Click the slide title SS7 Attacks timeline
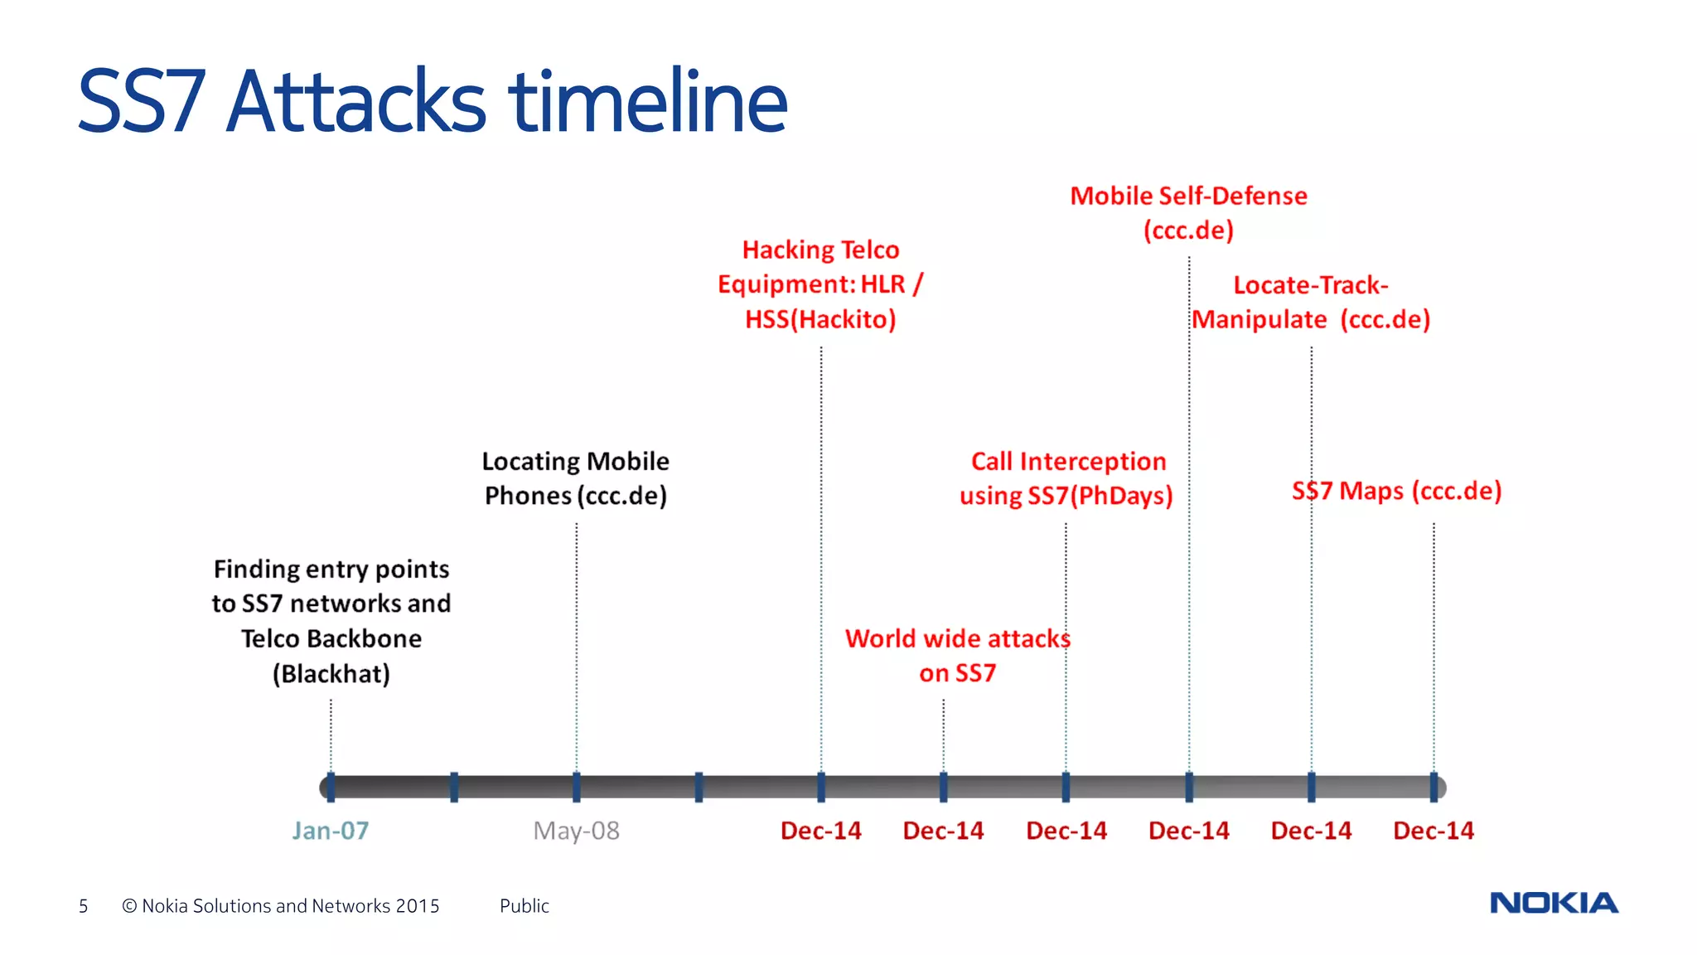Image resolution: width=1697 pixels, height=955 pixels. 432,101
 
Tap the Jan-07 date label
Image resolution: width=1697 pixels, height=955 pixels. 330,830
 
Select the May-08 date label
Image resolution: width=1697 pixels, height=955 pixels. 576,830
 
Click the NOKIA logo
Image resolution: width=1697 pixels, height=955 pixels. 1554,903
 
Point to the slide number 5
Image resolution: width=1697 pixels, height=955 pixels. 83,906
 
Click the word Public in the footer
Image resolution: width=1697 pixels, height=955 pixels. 524,906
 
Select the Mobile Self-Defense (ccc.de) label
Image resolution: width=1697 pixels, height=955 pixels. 1188,213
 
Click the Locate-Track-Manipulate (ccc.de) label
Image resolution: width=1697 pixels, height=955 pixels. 1311,302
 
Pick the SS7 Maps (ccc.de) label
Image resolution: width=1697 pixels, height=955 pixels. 1396,491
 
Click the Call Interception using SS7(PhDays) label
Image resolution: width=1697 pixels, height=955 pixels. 1066,478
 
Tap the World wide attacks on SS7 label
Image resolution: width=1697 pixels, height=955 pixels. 957,655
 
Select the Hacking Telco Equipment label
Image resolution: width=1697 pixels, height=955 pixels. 820,284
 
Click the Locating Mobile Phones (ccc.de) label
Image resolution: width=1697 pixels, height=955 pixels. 576,478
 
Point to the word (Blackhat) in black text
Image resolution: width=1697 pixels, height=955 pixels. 331,673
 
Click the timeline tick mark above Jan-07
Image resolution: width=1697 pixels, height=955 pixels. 331,787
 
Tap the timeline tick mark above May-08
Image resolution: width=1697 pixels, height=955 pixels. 576,787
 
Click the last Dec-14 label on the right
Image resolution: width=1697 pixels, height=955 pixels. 1434,830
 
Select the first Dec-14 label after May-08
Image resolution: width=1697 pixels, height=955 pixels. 820,830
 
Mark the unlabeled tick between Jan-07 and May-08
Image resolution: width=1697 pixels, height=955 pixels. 454,787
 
